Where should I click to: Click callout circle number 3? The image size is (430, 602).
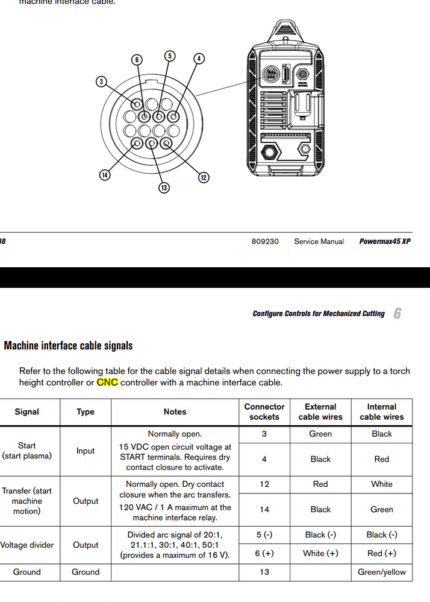102,81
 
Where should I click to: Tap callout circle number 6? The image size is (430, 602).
137,60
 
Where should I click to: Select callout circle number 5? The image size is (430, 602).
170,55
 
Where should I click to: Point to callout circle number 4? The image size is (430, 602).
199,59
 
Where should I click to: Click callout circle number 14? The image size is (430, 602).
105,175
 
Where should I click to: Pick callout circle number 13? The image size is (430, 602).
164,188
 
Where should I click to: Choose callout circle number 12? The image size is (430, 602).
204,177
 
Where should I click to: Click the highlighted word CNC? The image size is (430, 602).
107,382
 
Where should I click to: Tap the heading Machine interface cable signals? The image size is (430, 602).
69,346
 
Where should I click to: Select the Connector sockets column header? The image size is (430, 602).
264,411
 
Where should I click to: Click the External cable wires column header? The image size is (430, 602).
320,411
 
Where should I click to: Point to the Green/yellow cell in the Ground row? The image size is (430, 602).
382,572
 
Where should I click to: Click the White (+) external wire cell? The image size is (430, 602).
320,553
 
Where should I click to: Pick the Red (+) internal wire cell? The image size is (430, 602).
382,553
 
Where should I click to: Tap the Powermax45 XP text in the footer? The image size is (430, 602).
385,241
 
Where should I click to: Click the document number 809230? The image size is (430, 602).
265,241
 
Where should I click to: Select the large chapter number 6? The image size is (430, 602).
397,313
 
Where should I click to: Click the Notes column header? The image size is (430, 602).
175,411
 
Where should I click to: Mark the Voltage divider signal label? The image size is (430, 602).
26,545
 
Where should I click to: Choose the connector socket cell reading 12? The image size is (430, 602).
264,484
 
